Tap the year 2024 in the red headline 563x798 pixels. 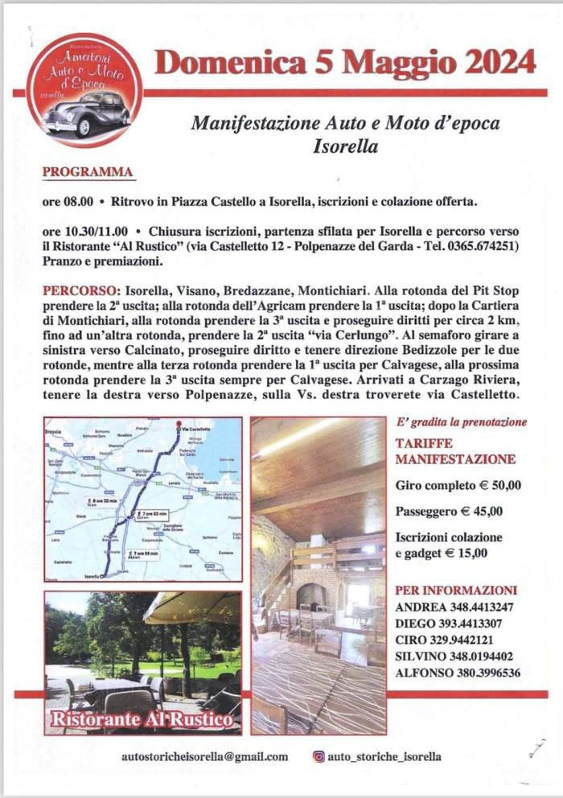(495, 61)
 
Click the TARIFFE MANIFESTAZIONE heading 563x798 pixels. (455, 451)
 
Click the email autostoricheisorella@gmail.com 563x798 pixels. (204, 756)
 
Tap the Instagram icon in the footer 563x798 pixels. (319, 756)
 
